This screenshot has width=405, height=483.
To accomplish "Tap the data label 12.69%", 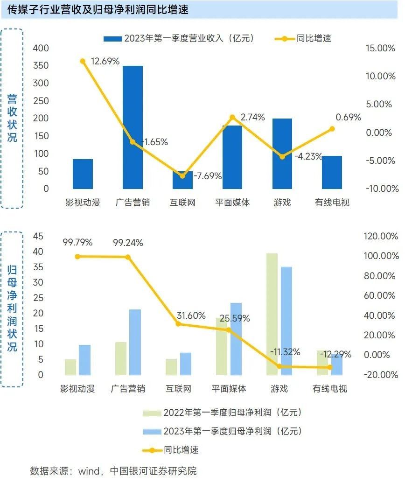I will point(105,61).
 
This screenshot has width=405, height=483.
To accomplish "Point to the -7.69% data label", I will point(207,176).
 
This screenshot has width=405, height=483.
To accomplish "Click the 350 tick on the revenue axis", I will point(41,66).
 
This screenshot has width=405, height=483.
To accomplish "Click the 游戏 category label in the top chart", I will point(282,203).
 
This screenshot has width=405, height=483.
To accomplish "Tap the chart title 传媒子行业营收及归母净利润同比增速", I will point(98,9).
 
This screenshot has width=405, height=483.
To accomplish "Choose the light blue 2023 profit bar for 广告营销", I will point(135,342).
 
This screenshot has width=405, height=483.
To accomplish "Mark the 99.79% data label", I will point(78,243).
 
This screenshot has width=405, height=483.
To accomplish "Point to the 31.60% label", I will point(191,315).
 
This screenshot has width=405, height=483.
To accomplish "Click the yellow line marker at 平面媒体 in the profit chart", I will point(229,330).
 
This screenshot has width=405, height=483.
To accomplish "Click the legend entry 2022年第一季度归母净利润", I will point(232,413).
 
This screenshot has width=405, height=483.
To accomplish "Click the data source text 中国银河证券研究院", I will point(153,470).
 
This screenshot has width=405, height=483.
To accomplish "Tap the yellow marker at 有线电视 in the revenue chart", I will point(332,129).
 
